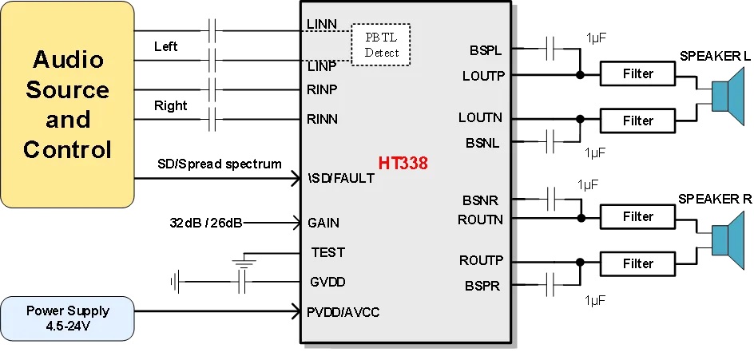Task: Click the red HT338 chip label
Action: point(403,164)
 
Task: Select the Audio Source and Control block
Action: point(67,105)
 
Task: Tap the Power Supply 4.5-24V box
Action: point(67,318)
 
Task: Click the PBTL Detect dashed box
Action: point(381,45)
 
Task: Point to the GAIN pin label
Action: point(323,223)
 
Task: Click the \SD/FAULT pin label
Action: point(340,178)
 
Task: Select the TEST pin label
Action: point(327,252)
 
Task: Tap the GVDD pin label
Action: point(327,282)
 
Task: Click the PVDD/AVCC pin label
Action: point(343,311)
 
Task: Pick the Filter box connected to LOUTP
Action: point(637,74)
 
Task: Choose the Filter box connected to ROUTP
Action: point(637,263)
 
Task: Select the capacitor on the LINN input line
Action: point(212,31)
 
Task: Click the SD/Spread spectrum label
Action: point(220,164)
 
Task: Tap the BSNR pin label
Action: point(482,200)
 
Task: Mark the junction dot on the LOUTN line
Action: point(580,119)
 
